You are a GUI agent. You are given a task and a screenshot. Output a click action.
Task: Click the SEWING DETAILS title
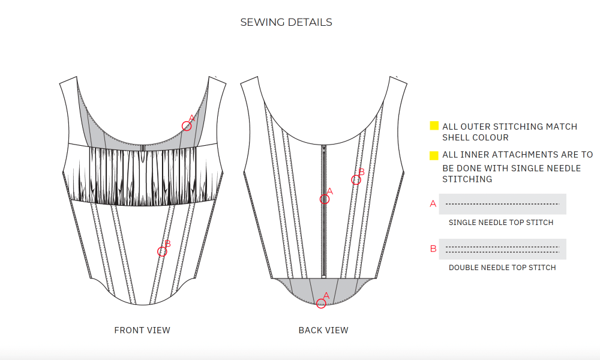click(x=286, y=22)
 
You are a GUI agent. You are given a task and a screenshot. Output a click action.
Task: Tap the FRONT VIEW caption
click(x=142, y=330)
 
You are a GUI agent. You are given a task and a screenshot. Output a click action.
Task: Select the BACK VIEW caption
click(x=323, y=330)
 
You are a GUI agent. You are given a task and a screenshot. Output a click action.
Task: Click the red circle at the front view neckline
click(x=187, y=125)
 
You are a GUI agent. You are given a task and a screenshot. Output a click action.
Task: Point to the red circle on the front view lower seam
click(x=162, y=251)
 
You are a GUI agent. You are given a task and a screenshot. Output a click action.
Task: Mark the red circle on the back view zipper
click(x=325, y=199)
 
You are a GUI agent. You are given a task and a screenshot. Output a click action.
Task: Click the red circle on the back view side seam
click(x=356, y=179)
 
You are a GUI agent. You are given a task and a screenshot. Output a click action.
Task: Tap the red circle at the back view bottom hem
click(x=321, y=304)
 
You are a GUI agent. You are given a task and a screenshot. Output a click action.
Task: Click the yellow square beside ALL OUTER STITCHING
click(x=434, y=126)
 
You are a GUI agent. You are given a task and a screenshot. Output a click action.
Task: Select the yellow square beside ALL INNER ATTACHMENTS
click(x=434, y=156)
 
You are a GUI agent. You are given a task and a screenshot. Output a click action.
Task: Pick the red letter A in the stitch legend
click(x=433, y=204)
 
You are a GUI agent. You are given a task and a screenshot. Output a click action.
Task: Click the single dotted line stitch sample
click(x=502, y=204)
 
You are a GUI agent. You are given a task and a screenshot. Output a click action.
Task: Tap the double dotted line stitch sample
click(x=502, y=249)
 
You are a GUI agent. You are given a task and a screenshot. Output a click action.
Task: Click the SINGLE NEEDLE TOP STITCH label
click(x=501, y=223)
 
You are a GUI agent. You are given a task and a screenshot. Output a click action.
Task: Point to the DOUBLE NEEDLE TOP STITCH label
click(x=502, y=268)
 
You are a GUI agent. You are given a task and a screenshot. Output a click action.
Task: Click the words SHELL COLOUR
click(x=475, y=137)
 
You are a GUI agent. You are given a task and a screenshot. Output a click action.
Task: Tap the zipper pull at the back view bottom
click(x=324, y=276)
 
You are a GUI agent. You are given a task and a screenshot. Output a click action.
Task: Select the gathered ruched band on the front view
click(x=143, y=177)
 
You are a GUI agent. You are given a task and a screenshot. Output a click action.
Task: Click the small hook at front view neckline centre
click(x=143, y=147)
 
